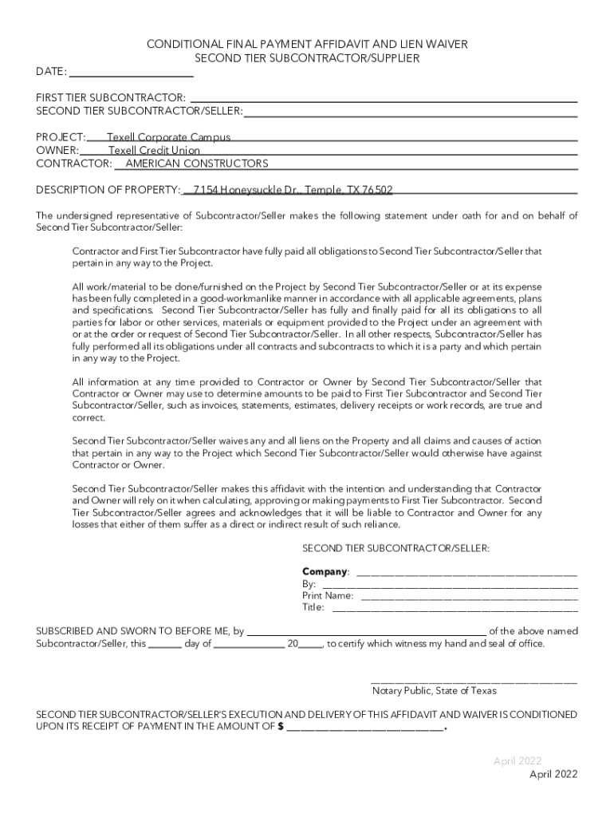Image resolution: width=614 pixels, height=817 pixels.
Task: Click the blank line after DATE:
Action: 132,72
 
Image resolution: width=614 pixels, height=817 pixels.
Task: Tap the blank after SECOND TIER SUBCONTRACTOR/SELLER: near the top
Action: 411,111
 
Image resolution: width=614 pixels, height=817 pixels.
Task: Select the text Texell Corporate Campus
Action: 168,137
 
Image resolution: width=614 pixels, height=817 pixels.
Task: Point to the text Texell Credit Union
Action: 154,150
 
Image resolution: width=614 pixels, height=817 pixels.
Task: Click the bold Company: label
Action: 325,572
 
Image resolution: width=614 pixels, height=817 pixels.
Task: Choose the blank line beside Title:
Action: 455,607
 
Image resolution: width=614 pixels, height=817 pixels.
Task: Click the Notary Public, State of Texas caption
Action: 434,691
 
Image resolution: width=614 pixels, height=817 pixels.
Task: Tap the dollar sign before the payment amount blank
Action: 280,727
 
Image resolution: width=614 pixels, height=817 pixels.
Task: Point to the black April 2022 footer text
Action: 553,774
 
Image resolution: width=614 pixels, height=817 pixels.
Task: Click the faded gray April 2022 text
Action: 518,760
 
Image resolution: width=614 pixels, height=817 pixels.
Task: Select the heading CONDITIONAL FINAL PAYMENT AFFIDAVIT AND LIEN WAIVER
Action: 307,45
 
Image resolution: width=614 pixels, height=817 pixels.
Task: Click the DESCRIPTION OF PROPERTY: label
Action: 108,190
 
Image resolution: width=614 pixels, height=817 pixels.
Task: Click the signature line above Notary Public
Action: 474,681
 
